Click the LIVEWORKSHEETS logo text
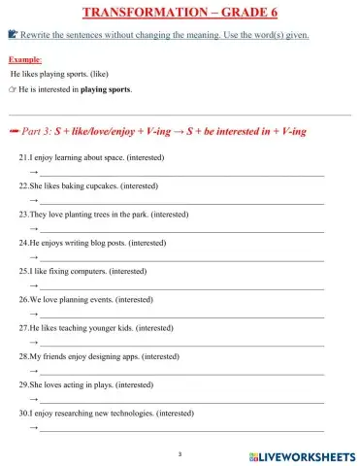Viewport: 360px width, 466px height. (308, 455)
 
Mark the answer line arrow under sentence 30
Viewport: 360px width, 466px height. (34, 426)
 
